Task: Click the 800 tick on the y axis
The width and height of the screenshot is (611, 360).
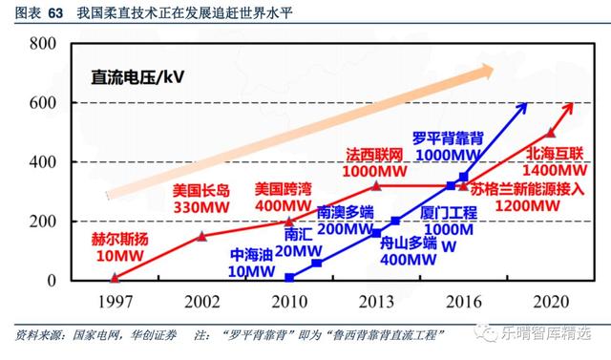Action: click(x=46, y=44)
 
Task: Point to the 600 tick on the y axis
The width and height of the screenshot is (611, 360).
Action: click(x=46, y=103)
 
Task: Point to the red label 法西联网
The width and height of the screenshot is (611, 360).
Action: click(x=374, y=154)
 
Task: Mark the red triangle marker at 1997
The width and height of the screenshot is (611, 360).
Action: click(x=115, y=278)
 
